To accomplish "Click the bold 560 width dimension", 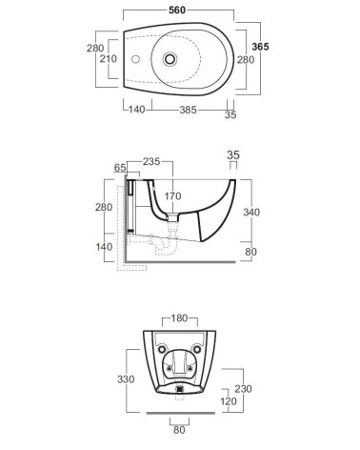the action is pyautogui.click(x=177, y=10).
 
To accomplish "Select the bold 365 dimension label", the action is pyautogui.click(x=260, y=47).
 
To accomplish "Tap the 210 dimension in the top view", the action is pyautogui.click(x=109, y=59).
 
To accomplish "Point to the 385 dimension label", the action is pyautogui.click(x=189, y=110).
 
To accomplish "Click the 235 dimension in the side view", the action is pyautogui.click(x=151, y=161).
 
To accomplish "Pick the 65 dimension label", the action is pyautogui.click(x=120, y=168).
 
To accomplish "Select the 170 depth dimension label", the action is pyautogui.click(x=172, y=196).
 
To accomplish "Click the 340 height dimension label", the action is pyautogui.click(x=251, y=212).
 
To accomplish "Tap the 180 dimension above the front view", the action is pyautogui.click(x=179, y=318).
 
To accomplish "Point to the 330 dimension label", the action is pyautogui.click(x=126, y=379).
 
